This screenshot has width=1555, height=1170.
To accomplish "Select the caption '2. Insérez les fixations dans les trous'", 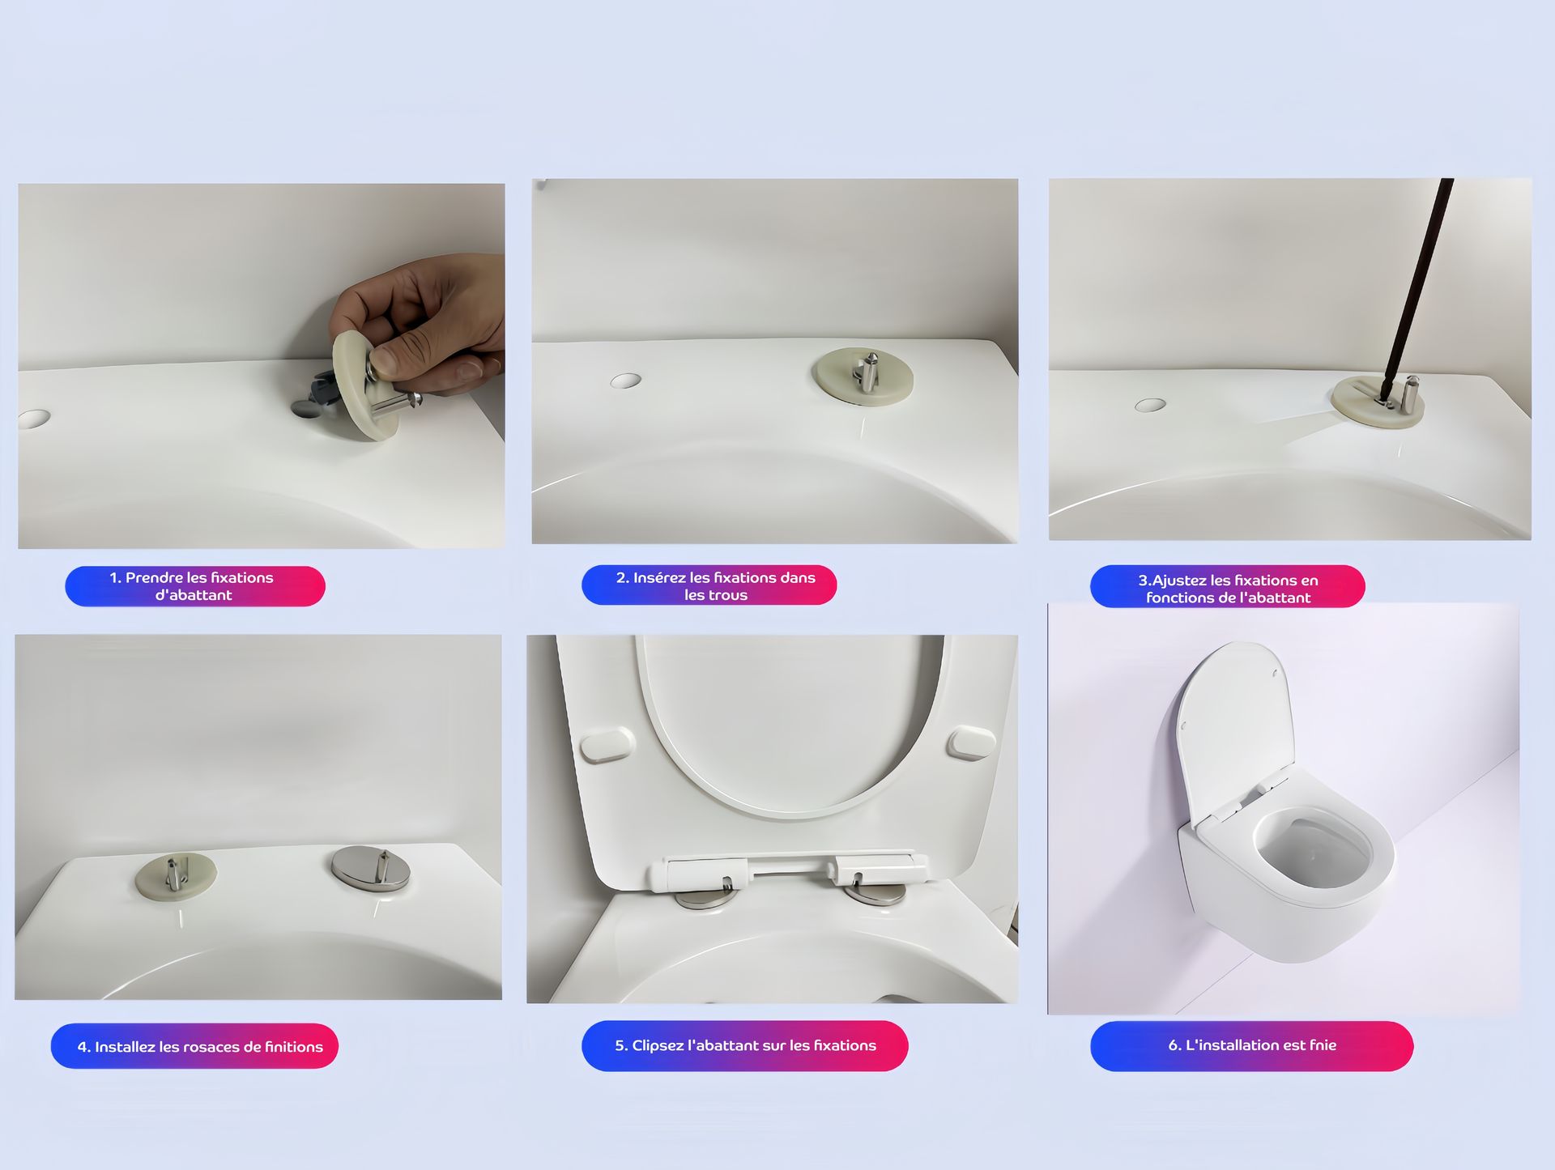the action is (x=715, y=586).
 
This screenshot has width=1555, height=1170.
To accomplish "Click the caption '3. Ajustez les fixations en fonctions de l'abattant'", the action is (x=1228, y=589).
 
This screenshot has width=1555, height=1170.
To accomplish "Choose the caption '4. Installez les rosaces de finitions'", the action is (x=200, y=1047).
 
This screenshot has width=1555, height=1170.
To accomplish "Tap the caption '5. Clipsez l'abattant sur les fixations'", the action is (x=745, y=1045).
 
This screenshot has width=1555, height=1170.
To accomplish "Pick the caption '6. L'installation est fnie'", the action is (x=1252, y=1045).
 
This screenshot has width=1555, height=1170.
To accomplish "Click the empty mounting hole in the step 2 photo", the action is (x=625, y=381).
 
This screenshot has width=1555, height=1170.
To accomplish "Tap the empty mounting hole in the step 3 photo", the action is (x=1150, y=405).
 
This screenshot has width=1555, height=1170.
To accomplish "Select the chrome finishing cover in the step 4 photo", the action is (x=371, y=869).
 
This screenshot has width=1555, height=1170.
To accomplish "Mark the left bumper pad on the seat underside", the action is (x=607, y=745).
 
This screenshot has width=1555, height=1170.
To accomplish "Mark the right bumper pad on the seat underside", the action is (x=972, y=743).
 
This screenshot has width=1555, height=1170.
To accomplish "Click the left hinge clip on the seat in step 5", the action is (x=697, y=874).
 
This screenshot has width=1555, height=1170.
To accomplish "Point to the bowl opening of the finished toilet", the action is (x=1313, y=850).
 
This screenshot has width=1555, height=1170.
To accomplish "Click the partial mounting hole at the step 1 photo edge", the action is (x=33, y=419).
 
